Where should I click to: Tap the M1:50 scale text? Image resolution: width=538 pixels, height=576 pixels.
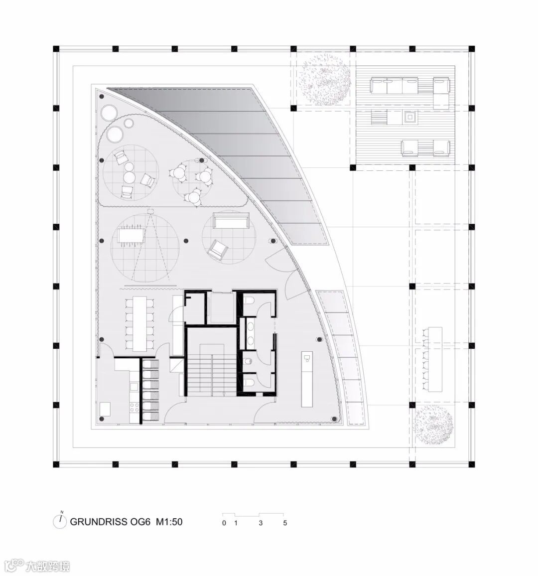169,522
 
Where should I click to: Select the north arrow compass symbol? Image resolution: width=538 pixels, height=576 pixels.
59,521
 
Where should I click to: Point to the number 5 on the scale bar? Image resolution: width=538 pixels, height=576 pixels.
285,523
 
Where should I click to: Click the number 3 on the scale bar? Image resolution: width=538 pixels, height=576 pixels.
261,523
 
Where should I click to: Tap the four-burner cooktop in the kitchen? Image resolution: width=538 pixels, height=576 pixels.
134,407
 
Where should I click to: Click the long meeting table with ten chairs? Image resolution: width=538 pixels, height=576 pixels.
140,323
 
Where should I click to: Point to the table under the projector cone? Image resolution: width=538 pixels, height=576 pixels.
131,236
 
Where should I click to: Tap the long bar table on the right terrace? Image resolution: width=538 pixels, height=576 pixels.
434,359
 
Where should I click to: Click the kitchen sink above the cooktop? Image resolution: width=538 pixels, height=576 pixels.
134,387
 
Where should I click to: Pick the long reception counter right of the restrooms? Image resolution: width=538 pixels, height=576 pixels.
307,379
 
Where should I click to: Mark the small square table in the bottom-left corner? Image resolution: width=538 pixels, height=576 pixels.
105,409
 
